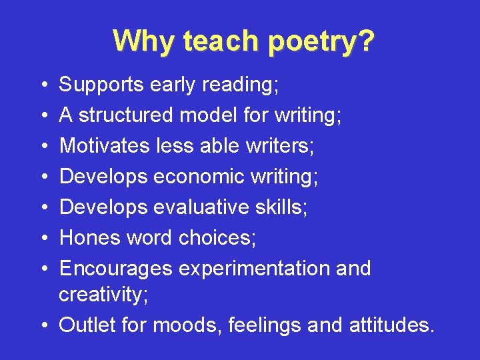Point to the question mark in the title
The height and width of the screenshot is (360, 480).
pos(366,41)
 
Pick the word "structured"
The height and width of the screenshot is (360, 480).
pos(125,115)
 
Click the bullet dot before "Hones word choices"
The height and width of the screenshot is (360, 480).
pos(43,239)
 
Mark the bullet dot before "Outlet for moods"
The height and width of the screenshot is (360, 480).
pos(43,325)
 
